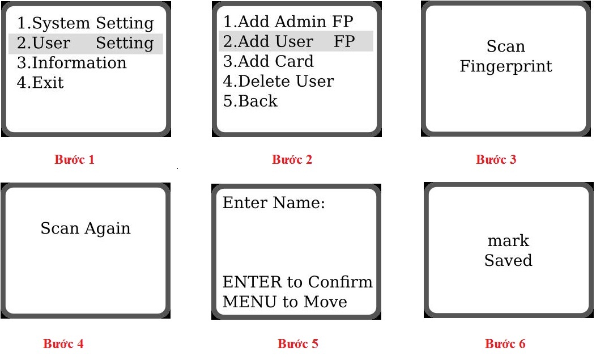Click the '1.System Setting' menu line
86,23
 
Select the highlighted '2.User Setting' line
86,43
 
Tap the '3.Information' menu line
72,63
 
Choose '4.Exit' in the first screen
40,83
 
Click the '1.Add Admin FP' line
288,22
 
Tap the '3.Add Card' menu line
269,61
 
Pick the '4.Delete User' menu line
279,81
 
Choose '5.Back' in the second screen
250,101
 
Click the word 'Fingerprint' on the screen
506,66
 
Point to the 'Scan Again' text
86,228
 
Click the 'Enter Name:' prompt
274,202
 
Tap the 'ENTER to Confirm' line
297,282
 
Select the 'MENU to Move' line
285,302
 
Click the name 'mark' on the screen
508,240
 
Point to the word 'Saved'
508,260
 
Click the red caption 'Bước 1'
75,159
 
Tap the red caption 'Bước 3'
496,159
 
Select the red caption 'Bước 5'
298,344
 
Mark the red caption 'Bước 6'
505,344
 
